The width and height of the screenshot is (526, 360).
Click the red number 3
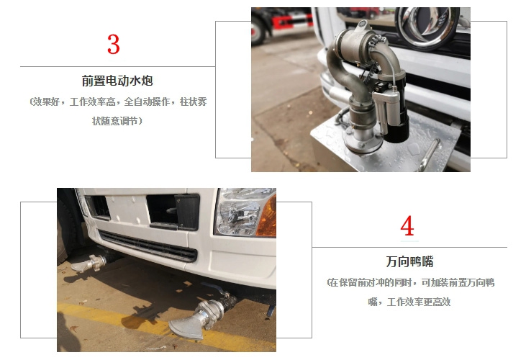tap(114, 45)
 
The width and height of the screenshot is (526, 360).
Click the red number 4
tap(407, 225)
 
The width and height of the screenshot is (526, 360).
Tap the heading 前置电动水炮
tap(117, 81)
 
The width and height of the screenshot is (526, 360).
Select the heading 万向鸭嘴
tap(409, 261)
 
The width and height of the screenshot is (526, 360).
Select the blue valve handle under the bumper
tap(216, 288)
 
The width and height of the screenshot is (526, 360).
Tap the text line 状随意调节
tap(117, 121)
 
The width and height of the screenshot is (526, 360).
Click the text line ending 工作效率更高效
tap(409, 302)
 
